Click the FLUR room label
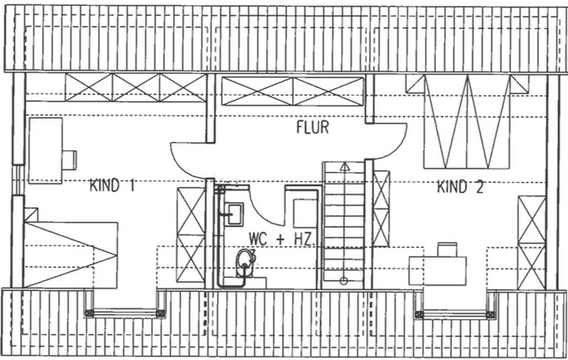click(312, 127)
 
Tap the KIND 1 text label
click(112, 186)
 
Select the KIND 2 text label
click(460, 188)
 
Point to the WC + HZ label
click(280, 239)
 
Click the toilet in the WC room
click(244, 262)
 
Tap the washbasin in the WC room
click(234, 213)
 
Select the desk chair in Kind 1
click(69, 160)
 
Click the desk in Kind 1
click(45, 150)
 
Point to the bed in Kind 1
click(70, 254)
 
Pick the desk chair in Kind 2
click(447, 249)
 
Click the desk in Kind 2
click(438, 270)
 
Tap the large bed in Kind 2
click(467, 121)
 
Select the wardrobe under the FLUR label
click(292, 91)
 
